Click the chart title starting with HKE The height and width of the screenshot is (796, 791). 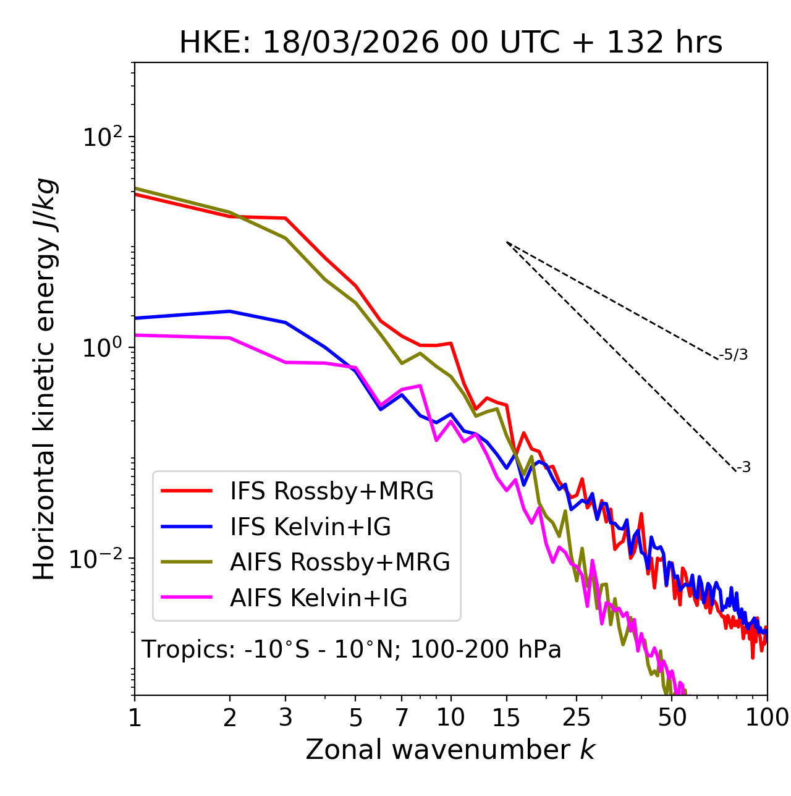450,43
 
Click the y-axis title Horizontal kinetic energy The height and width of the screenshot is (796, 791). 44,379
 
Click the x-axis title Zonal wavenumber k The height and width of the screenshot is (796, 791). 450,750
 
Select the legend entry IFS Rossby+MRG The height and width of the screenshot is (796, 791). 332,491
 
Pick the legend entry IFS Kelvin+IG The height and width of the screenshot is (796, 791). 310,527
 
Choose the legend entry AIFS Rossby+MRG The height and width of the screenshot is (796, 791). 340,562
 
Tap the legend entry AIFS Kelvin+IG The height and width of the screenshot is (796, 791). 318,598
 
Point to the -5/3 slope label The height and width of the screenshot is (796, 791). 734,355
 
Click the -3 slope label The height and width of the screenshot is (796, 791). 743,468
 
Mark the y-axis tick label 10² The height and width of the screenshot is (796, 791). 101,137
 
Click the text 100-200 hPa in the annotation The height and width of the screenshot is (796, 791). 486,650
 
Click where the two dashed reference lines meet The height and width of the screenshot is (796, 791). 507,242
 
